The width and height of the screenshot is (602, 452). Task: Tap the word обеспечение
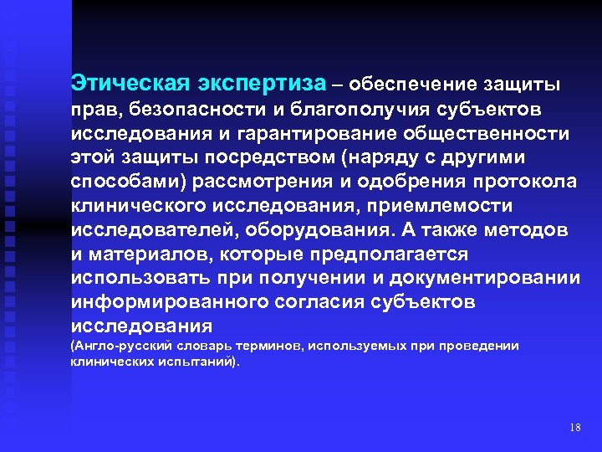point(407,85)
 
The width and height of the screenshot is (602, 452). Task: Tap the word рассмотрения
point(279,182)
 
